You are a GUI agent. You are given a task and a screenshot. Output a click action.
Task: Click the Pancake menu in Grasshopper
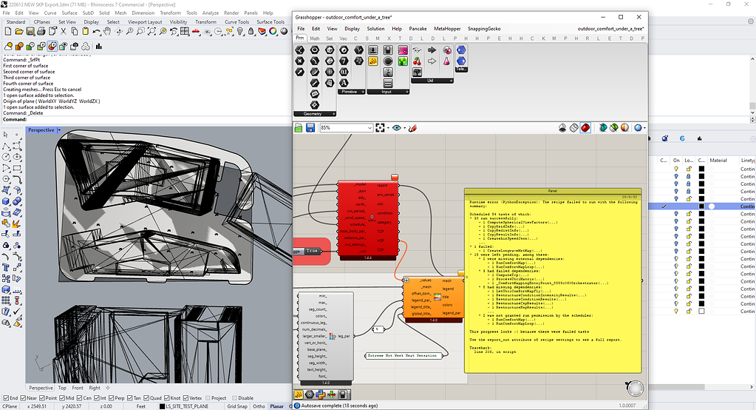pos(418,29)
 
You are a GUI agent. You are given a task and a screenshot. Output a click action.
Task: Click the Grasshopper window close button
pos(639,16)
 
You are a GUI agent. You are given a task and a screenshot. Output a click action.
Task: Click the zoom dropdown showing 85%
pos(346,128)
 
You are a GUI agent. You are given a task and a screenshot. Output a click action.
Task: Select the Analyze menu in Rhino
pos(210,13)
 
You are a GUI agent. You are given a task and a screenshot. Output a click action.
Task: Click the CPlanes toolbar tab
pos(41,22)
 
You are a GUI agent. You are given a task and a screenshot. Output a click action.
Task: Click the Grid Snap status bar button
pos(237,406)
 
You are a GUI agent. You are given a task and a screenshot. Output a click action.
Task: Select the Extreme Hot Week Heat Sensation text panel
pos(403,356)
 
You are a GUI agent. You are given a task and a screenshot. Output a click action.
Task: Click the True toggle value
pos(313,251)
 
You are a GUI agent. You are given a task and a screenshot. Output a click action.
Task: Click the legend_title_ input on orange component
pos(420,306)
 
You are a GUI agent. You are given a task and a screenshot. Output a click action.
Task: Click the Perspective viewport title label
pos(41,130)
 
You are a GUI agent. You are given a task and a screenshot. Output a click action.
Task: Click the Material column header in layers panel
pos(718,161)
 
